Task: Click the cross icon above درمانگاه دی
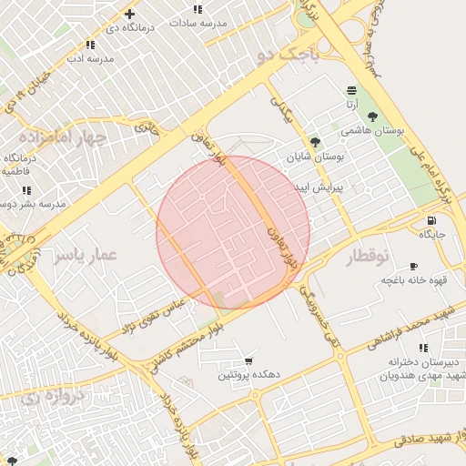click(x=130, y=14)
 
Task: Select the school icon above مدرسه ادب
click(x=90, y=45)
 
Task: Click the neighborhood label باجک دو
click(x=289, y=56)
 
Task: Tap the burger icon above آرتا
click(x=351, y=89)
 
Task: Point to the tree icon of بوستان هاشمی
click(x=373, y=116)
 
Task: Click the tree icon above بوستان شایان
click(x=315, y=142)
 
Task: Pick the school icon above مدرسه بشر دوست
click(x=26, y=190)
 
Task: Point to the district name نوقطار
click(x=368, y=258)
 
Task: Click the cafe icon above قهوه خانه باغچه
click(x=414, y=267)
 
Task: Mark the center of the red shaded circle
click(x=233, y=232)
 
